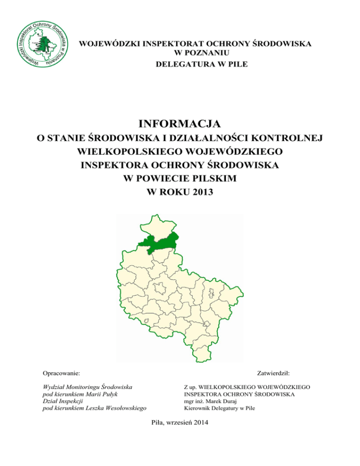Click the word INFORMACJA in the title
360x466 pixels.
180,124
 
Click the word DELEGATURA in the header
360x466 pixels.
179,64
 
